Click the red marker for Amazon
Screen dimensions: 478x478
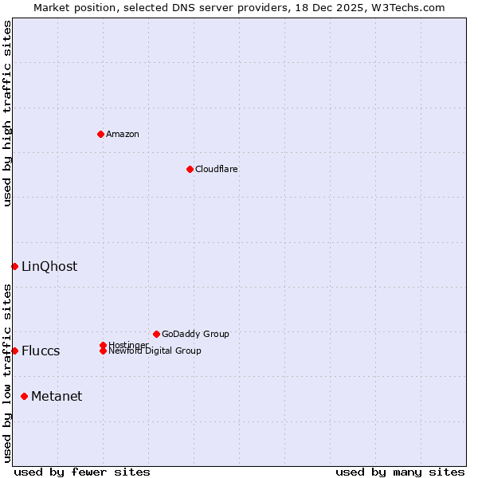(x=100, y=134)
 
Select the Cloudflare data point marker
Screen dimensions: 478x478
(x=190, y=169)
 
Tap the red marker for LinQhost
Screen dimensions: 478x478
(x=14, y=266)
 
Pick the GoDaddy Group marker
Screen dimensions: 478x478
(x=156, y=334)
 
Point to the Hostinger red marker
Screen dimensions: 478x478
(x=103, y=345)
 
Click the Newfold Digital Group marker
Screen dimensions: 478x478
(x=103, y=351)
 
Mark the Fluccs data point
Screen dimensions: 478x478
(x=14, y=351)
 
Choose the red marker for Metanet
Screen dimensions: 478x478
(x=24, y=396)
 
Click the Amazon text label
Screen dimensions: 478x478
(x=123, y=134)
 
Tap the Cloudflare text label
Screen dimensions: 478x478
(x=217, y=169)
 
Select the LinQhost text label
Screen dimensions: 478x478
(x=49, y=266)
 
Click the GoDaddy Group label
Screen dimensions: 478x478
(x=195, y=334)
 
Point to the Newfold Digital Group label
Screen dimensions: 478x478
(x=155, y=351)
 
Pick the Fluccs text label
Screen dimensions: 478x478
(x=41, y=351)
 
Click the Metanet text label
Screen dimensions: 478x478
(x=57, y=396)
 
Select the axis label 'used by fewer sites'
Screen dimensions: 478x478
(x=82, y=472)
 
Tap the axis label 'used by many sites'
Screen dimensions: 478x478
(x=400, y=472)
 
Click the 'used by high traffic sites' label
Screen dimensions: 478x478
(x=7, y=114)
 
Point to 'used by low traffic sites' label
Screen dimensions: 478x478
(x=7, y=373)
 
